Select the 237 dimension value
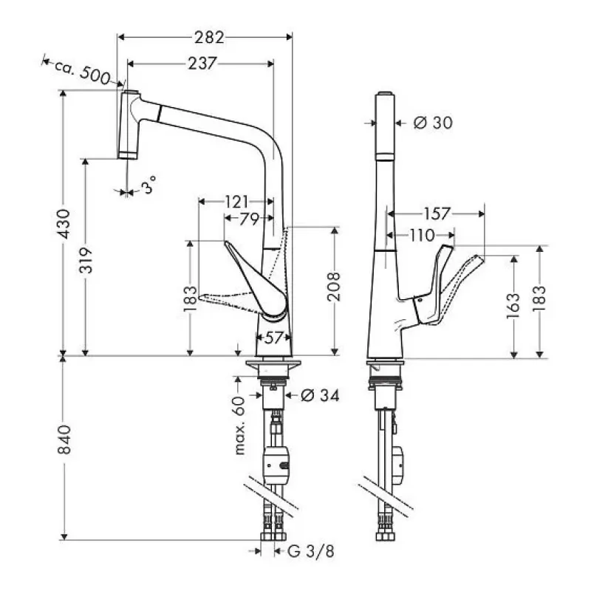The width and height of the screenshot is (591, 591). click(x=201, y=64)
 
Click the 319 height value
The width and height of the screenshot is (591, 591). click(x=86, y=259)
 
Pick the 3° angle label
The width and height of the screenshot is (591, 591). click(x=150, y=188)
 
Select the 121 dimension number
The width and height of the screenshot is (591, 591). click(x=236, y=201)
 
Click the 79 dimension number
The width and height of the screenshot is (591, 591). click(x=248, y=219)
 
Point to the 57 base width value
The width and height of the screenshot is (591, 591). click(x=273, y=338)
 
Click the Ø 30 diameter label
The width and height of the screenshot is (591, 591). click(x=431, y=123)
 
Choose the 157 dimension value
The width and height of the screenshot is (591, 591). click(x=437, y=214)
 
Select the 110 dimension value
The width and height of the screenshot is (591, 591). click(x=422, y=235)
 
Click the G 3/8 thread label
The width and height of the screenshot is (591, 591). click(x=304, y=551)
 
